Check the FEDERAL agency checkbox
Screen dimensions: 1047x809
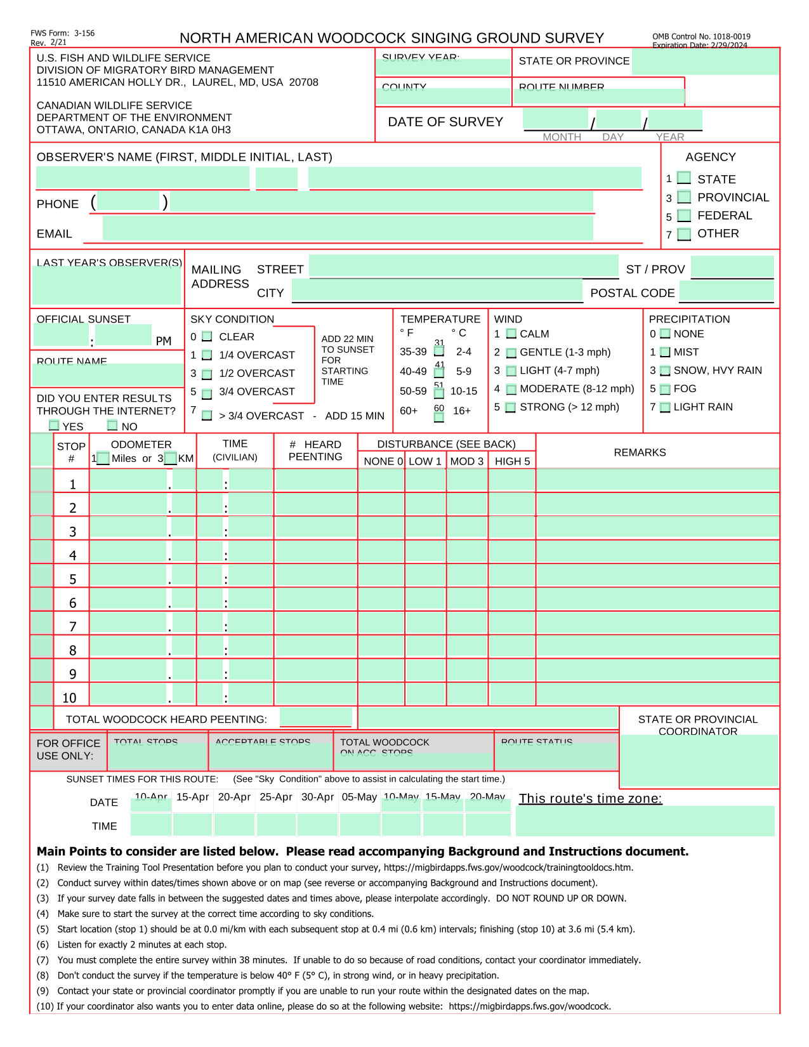tap(684, 216)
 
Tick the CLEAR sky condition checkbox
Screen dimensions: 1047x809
tap(207, 336)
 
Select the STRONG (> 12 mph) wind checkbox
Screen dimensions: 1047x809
tap(511, 407)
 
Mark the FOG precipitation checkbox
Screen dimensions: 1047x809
tap(665, 389)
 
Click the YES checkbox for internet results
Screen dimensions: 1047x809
tap(55, 425)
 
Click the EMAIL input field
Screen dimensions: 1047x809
tap(348, 228)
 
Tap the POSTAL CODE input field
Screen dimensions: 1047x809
tap(727, 291)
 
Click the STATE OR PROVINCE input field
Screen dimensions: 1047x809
tap(705, 62)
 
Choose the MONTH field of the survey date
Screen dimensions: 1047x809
tap(556, 119)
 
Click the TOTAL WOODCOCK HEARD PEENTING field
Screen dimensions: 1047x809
tap(315, 717)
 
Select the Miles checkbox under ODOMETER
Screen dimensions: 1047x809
tap(103, 458)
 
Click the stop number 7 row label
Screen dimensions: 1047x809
tap(73, 626)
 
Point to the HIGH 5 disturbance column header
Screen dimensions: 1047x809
tap(512, 461)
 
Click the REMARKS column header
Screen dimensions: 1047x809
tap(640, 452)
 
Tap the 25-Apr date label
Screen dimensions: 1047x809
tap(276, 797)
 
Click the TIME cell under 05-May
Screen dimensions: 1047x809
tap(359, 824)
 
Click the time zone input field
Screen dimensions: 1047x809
tap(645, 820)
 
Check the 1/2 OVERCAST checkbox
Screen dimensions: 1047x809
tap(207, 374)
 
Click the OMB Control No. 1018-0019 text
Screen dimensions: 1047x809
tap(701, 37)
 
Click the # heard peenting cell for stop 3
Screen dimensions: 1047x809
tap(315, 527)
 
